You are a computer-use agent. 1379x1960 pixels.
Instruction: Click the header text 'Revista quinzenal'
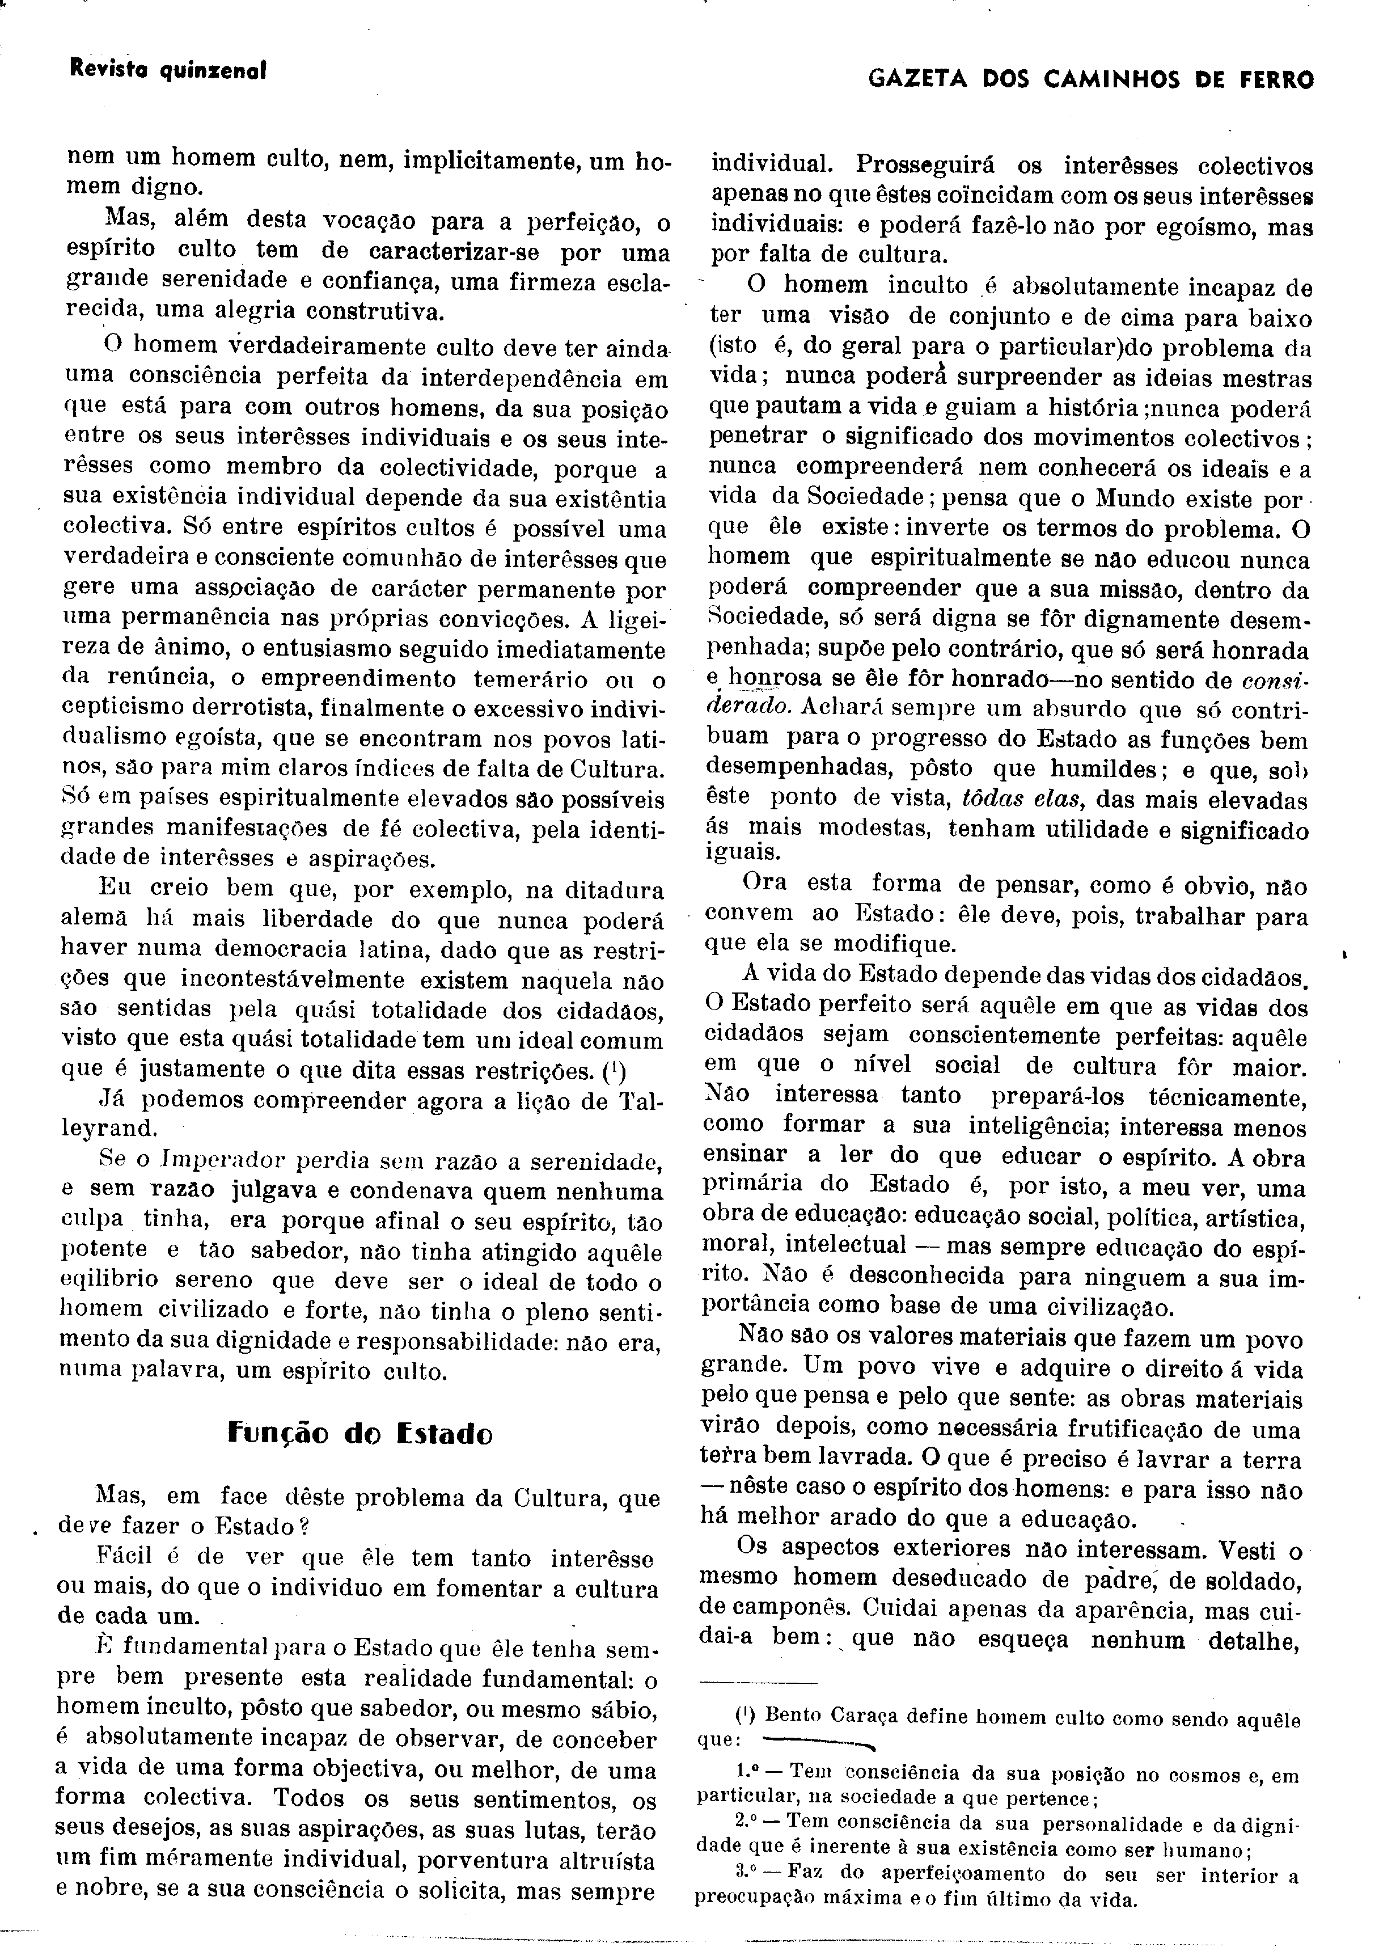168,71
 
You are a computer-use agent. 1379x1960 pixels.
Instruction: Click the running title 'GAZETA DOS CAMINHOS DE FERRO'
1090,80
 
